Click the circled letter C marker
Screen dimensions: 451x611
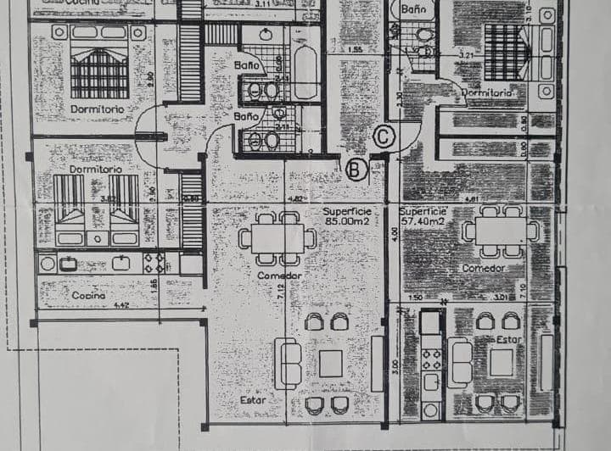[384, 136]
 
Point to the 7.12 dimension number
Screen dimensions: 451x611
[280, 294]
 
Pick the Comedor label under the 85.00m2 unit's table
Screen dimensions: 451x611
[279, 276]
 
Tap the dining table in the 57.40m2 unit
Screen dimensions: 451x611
[501, 231]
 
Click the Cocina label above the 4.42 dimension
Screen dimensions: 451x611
[89, 295]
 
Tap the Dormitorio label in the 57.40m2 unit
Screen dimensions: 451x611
[485, 92]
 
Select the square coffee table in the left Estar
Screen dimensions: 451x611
[331, 363]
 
